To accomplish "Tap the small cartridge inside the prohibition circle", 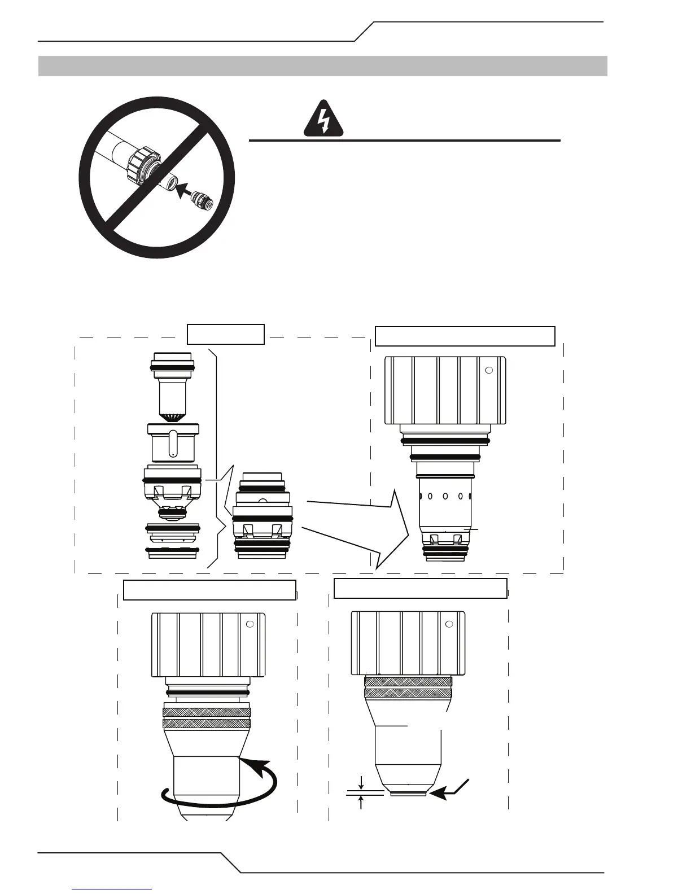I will tap(202, 200).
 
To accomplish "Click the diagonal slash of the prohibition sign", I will tap(156, 177).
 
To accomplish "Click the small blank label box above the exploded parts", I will tap(226, 334).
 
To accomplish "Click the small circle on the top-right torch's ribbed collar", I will tap(489, 370).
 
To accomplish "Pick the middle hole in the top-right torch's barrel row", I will tap(445, 497).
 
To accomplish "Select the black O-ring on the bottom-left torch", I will tap(208, 692).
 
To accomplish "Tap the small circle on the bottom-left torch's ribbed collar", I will tap(250, 625).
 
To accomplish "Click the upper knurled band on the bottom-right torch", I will tap(408, 682).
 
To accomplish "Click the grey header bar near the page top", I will tap(322, 66).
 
